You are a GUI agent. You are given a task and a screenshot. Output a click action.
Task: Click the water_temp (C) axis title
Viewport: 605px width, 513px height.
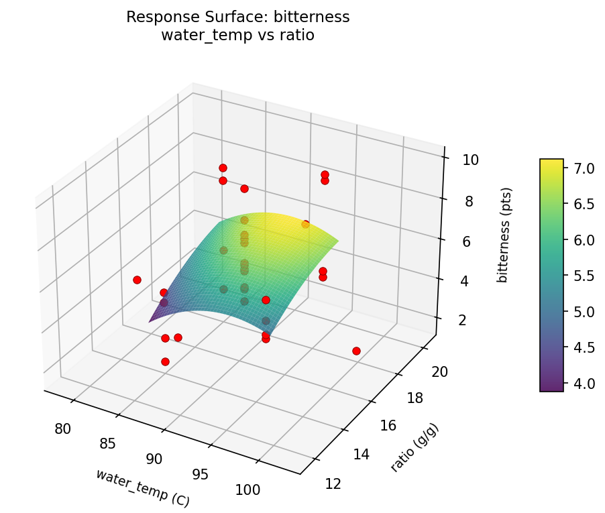point(143,488)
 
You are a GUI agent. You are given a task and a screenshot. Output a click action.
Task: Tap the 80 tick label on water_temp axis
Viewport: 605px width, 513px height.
point(63,429)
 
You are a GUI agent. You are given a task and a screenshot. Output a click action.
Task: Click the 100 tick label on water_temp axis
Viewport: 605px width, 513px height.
point(248,490)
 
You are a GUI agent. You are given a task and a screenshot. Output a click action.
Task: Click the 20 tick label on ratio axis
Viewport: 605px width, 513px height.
point(439,372)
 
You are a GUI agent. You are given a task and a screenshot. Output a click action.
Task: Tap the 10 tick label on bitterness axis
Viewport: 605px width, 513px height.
point(470,160)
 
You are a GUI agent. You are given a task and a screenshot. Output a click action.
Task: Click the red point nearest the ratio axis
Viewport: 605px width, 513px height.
point(356,351)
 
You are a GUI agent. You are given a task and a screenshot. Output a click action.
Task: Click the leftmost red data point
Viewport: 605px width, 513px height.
point(137,280)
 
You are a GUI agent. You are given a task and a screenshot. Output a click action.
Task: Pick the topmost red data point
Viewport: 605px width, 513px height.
point(223,168)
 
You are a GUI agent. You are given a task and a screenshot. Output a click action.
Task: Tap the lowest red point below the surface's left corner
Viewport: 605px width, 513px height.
point(165,361)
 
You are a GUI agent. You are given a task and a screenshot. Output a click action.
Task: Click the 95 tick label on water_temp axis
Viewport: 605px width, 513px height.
point(200,474)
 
